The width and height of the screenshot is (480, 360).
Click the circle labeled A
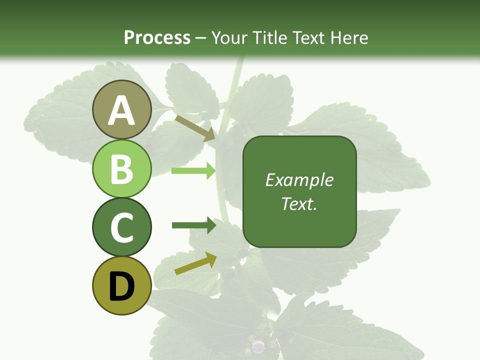click(x=121, y=109)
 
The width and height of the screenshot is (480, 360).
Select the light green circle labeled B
click(x=121, y=168)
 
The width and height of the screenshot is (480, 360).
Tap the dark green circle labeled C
click(x=121, y=227)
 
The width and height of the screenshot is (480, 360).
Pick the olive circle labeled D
click(x=121, y=286)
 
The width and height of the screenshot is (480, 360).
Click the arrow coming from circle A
click(x=194, y=127)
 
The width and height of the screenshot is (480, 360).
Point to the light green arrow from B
click(x=193, y=171)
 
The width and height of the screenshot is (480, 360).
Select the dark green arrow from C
click(x=193, y=225)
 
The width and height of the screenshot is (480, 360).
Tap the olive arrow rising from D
click(x=195, y=264)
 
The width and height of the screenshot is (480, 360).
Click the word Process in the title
click(x=157, y=37)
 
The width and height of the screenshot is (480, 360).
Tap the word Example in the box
click(x=299, y=180)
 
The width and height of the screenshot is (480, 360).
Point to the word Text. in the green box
click(x=299, y=203)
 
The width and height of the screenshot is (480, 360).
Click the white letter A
click(x=121, y=110)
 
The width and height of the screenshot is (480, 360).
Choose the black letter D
click(x=121, y=287)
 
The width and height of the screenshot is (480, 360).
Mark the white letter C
click(x=121, y=228)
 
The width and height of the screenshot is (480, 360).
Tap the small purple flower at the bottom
click(x=258, y=346)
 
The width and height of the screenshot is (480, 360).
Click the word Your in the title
click(x=228, y=37)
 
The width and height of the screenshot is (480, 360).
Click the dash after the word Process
click(x=201, y=38)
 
